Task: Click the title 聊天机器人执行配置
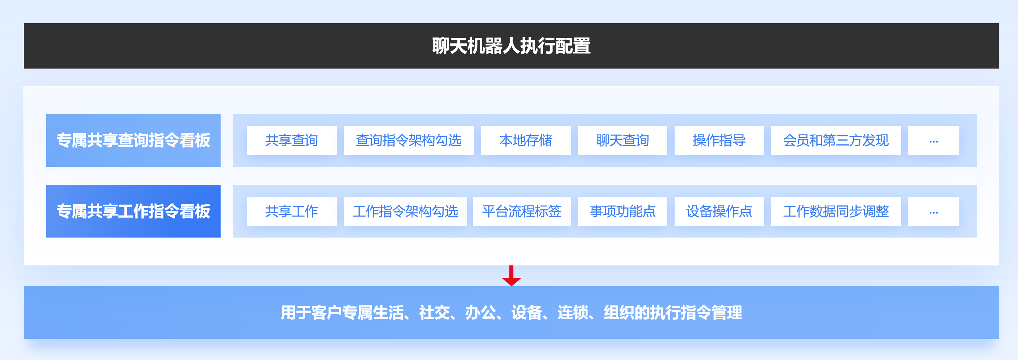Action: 511,46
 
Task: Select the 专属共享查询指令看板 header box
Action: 133,140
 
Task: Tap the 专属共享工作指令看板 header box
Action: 133,211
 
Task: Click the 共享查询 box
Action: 292,140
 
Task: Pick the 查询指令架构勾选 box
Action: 409,140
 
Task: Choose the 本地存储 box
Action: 525,140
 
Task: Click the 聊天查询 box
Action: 623,140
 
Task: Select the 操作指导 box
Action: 719,140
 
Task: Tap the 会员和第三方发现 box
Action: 836,140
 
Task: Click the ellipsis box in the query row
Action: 933,140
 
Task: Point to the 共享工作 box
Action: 292,212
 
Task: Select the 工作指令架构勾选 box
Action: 405,212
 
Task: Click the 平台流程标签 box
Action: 522,212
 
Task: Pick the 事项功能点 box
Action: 623,212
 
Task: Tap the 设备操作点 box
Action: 719,212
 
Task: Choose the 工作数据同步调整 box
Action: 836,212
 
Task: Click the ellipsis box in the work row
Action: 933,212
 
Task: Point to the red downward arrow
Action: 511,276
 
